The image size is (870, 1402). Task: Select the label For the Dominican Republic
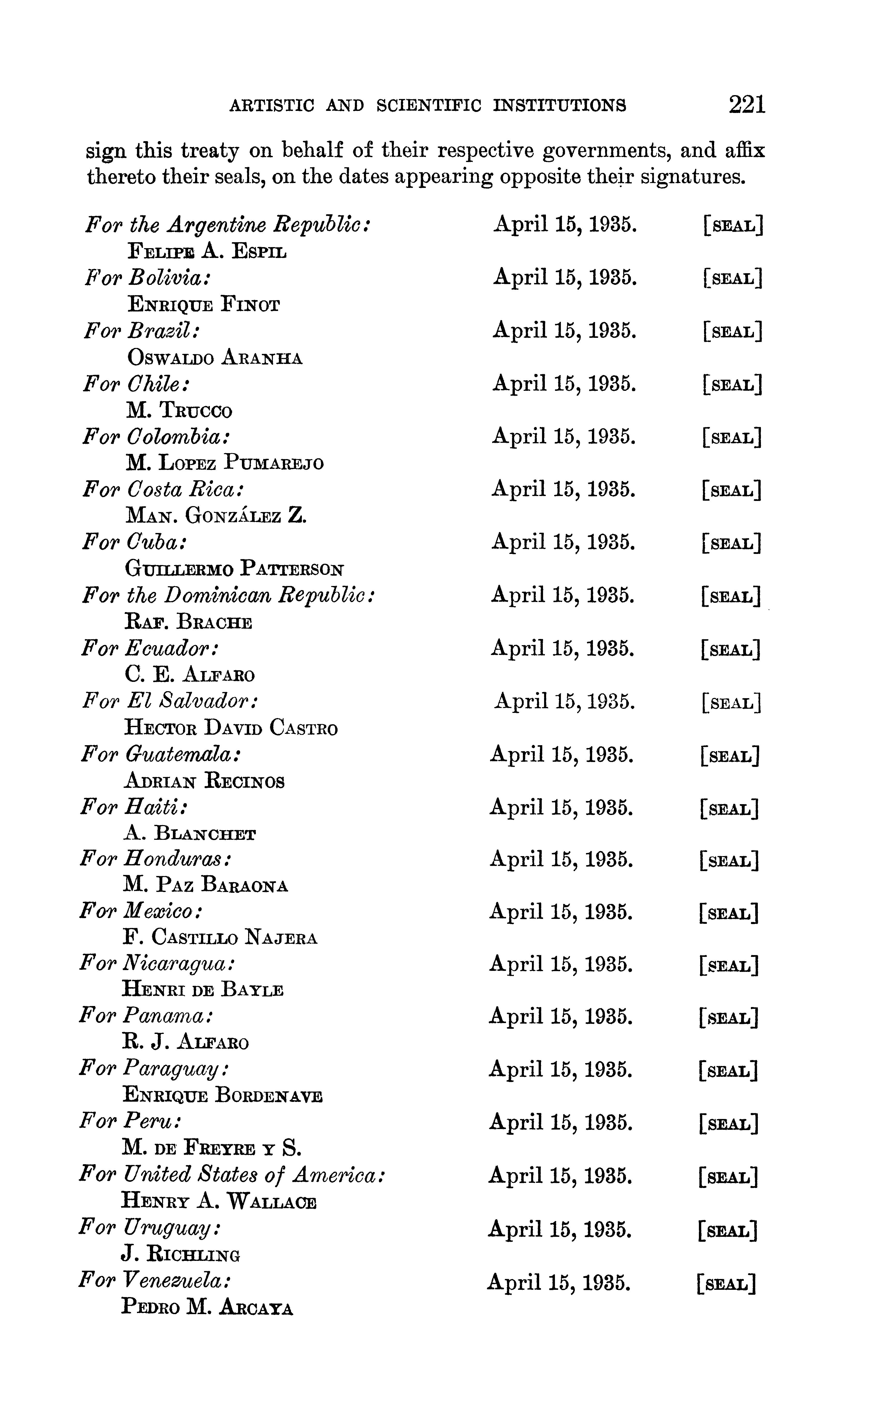pyautogui.click(x=228, y=595)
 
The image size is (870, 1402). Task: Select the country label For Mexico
pyautogui.click(x=140, y=911)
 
